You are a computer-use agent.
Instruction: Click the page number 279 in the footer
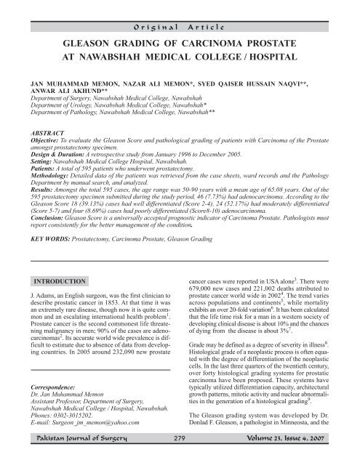pos(180,454)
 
